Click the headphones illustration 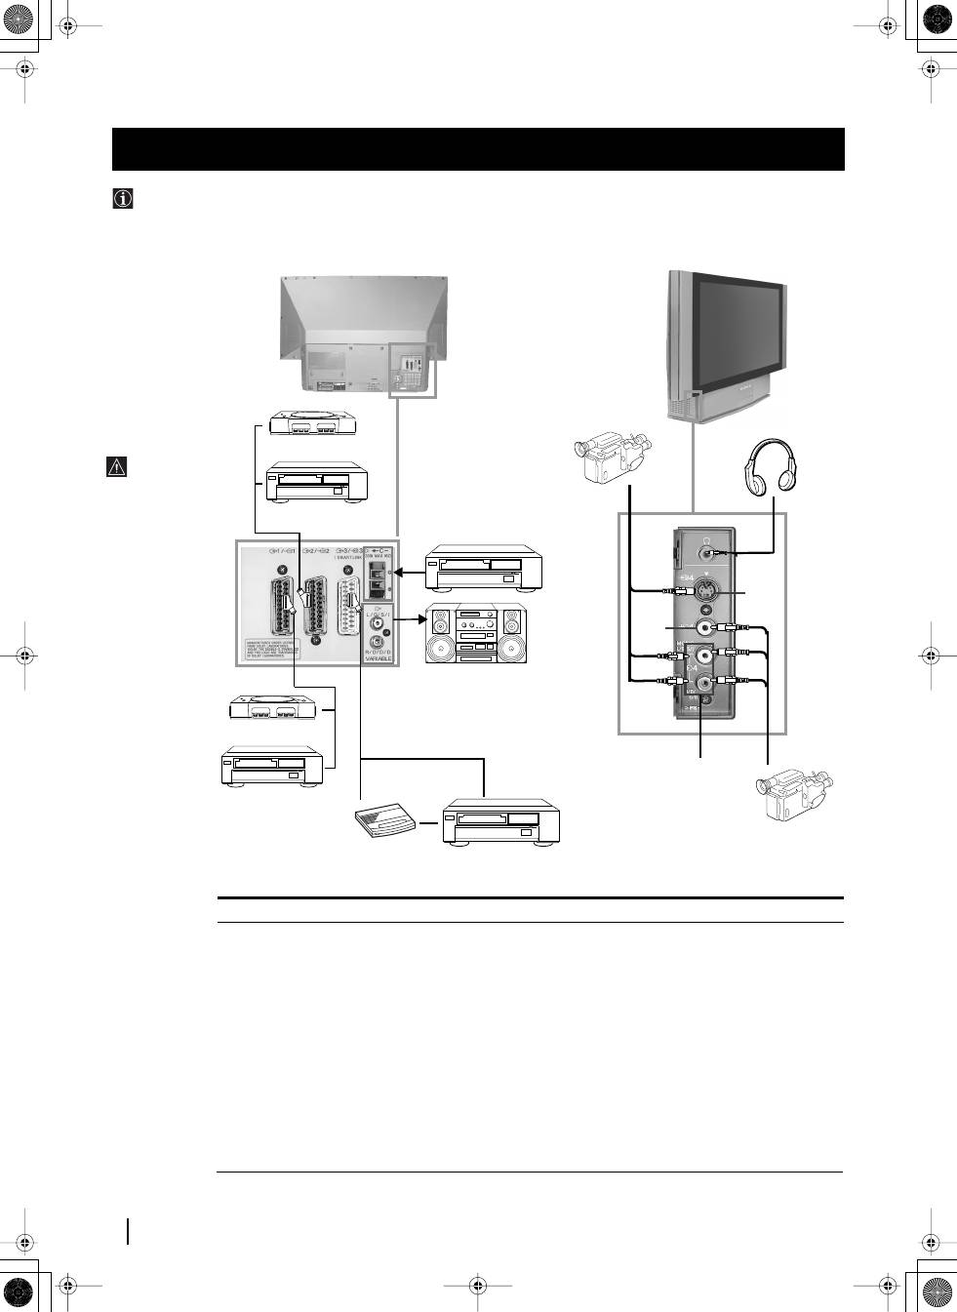(772, 467)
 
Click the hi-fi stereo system (475, 635)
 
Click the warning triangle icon (116, 466)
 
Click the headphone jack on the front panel (706, 551)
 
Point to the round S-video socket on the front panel (706, 590)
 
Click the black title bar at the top (478, 149)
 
